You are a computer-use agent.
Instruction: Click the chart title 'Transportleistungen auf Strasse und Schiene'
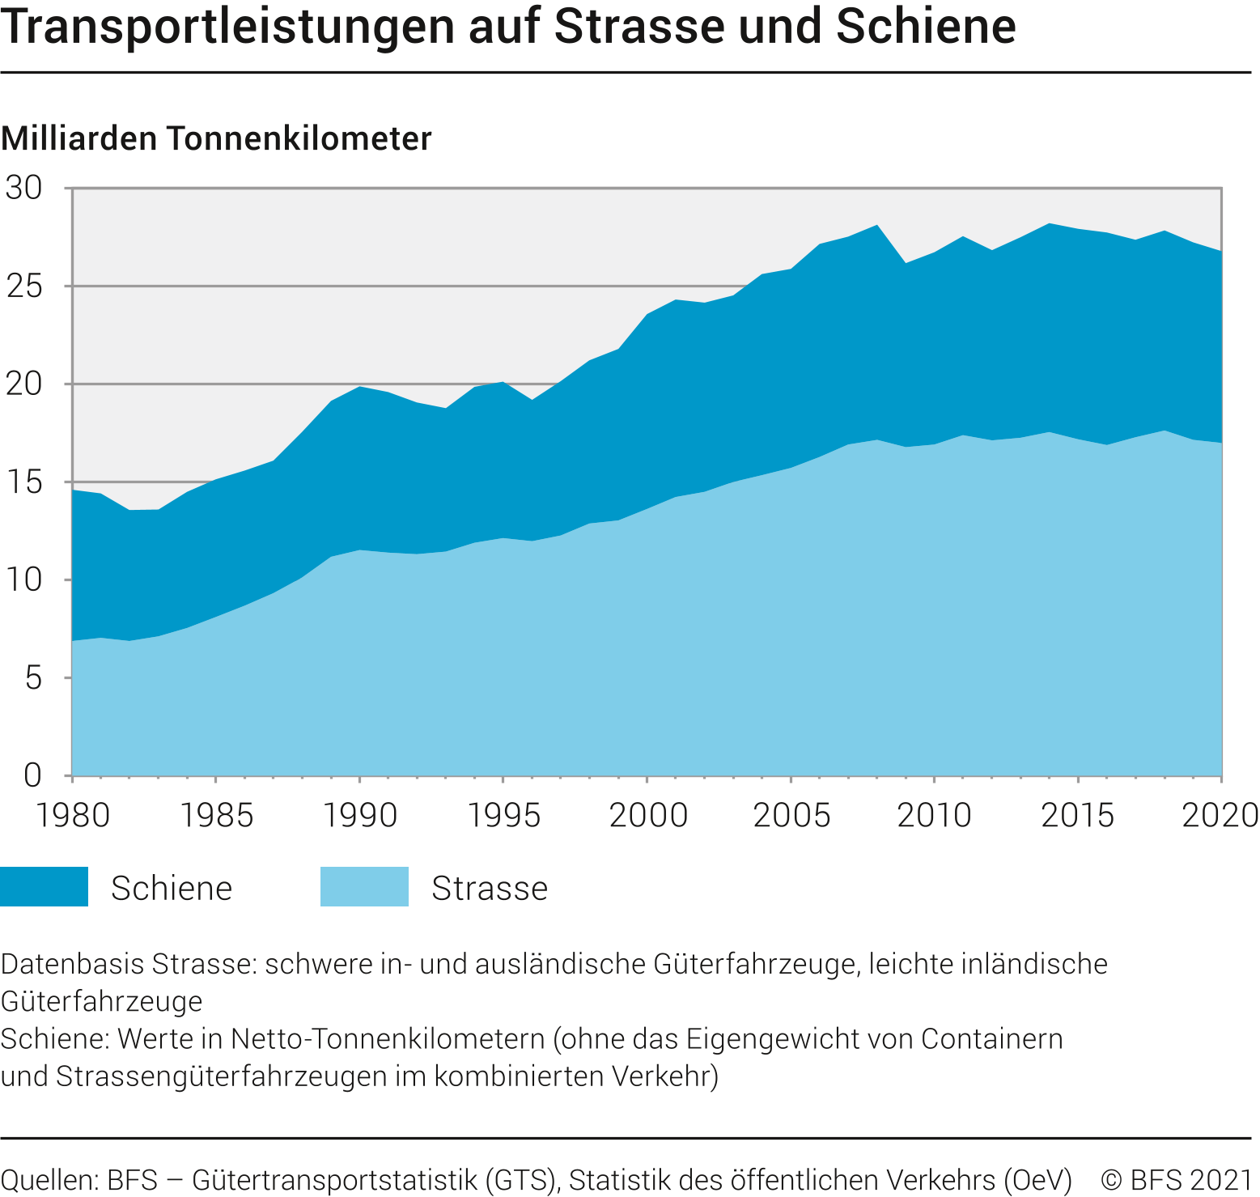[x=508, y=26]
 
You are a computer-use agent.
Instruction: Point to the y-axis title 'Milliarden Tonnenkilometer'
[x=217, y=138]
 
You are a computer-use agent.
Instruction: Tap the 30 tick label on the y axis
[x=24, y=188]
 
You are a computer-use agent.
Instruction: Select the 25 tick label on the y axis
[x=24, y=286]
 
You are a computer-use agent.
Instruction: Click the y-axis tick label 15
[x=24, y=482]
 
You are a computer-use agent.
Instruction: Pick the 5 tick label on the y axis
[x=32, y=678]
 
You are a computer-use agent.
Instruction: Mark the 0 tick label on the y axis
[x=32, y=775]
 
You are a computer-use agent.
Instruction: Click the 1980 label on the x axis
[x=73, y=815]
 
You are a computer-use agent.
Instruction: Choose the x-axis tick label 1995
[x=504, y=815]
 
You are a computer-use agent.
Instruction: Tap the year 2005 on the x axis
[x=791, y=815]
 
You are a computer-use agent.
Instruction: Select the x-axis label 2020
[x=1220, y=815]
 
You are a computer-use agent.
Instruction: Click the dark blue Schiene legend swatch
[x=45, y=887]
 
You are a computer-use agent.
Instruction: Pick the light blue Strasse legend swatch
[x=364, y=887]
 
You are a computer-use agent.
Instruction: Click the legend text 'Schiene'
[x=172, y=888]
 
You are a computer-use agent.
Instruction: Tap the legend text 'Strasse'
[x=490, y=888]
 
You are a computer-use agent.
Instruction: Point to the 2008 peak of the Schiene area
[x=877, y=227]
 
